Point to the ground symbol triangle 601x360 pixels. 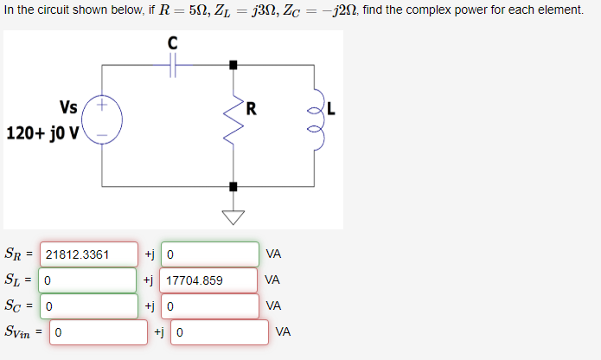coord(232,216)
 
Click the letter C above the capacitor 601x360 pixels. coord(172,42)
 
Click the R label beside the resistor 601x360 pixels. coord(251,108)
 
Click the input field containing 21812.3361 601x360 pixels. coord(88,254)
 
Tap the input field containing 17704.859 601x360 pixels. coord(208,280)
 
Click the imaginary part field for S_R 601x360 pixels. coord(209,254)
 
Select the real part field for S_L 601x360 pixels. coord(88,280)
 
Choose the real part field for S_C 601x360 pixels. coord(88,305)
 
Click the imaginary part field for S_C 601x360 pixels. coord(209,305)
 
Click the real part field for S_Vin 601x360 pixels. coord(98,331)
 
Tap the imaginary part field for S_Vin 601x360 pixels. coord(220,331)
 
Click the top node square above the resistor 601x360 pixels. coord(232,65)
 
